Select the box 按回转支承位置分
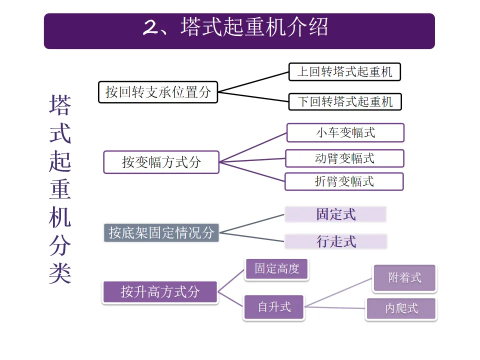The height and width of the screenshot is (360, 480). (x=158, y=92)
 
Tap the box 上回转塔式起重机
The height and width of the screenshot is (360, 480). (x=345, y=71)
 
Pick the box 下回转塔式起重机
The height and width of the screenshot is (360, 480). (x=345, y=101)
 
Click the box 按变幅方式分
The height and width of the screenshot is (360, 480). (x=161, y=162)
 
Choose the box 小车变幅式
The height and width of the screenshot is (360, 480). (x=345, y=133)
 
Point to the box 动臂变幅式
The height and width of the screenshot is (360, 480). (x=344, y=158)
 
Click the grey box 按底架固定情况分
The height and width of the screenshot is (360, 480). (x=161, y=232)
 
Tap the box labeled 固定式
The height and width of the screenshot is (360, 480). (x=335, y=214)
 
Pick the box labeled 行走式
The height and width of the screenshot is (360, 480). (x=336, y=241)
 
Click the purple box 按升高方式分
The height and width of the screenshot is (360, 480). (x=160, y=292)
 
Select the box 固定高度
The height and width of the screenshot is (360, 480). (x=276, y=269)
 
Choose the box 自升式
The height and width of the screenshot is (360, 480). (x=274, y=306)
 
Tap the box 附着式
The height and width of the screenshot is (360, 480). (x=404, y=278)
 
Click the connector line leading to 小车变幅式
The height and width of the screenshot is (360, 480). (x=253, y=147)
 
